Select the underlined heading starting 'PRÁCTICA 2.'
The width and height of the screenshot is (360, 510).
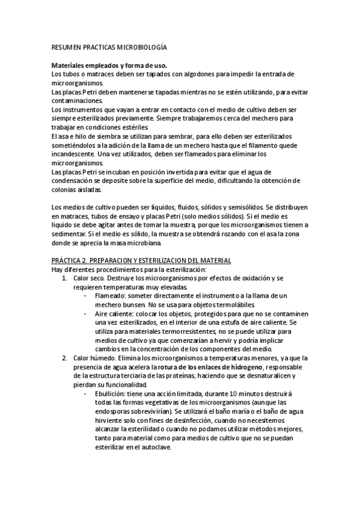click(x=141, y=260)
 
